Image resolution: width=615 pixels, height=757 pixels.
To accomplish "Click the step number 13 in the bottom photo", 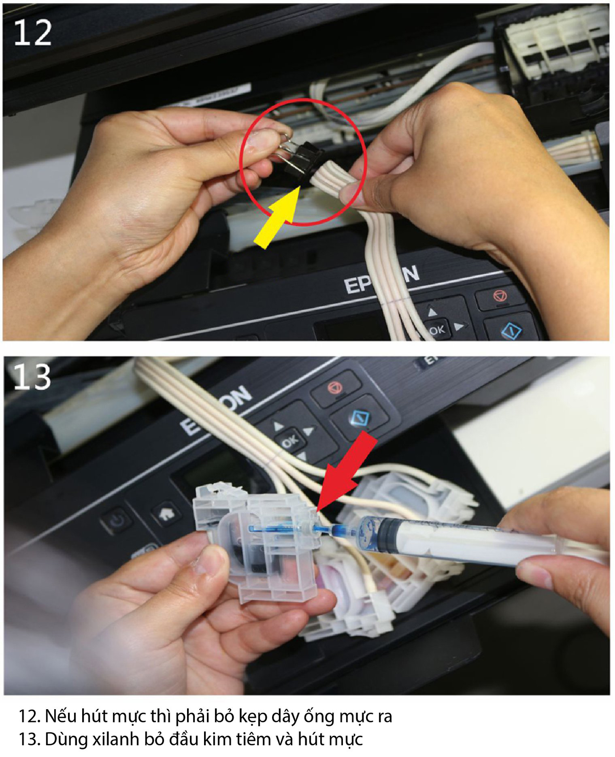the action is (32, 377).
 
